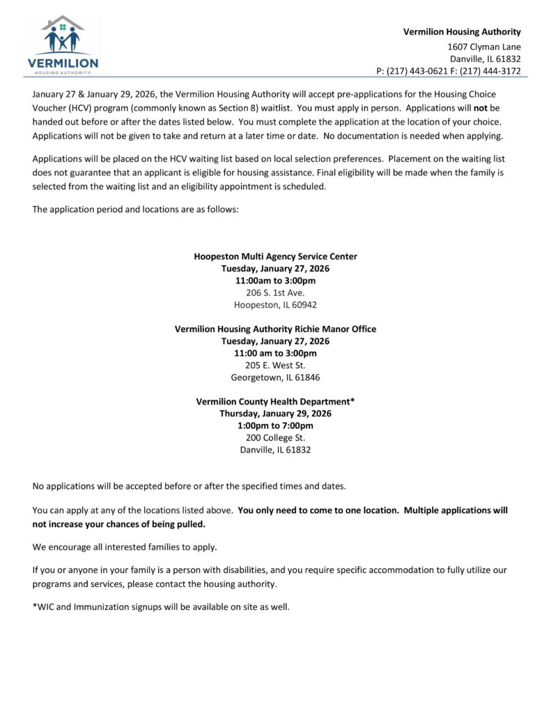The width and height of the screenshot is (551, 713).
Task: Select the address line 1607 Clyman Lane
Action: click(483, 46)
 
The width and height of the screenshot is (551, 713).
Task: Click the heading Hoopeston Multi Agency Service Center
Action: click(275, 256)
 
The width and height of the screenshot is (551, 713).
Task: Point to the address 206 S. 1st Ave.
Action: click(275, 292)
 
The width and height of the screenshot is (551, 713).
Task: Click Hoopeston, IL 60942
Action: click(275, 305)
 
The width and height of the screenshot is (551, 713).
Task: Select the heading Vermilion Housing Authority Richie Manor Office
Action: click(275, 329)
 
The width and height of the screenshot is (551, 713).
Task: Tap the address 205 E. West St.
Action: click(275, 365)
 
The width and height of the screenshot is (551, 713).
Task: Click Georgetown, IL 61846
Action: click(275, 377)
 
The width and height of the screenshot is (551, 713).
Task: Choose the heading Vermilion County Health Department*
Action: click(275, 401)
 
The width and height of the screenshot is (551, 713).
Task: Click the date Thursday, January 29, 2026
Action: click(275, 413)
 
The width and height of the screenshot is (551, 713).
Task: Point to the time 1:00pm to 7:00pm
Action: click(275, 425)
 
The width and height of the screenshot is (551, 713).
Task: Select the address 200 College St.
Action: click(275, 437)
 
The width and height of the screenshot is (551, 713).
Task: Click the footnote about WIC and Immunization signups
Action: click(160, 606)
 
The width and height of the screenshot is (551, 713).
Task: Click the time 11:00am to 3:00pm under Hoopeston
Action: click(275, 281)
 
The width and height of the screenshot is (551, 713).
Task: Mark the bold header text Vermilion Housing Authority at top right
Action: click(462, 31)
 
